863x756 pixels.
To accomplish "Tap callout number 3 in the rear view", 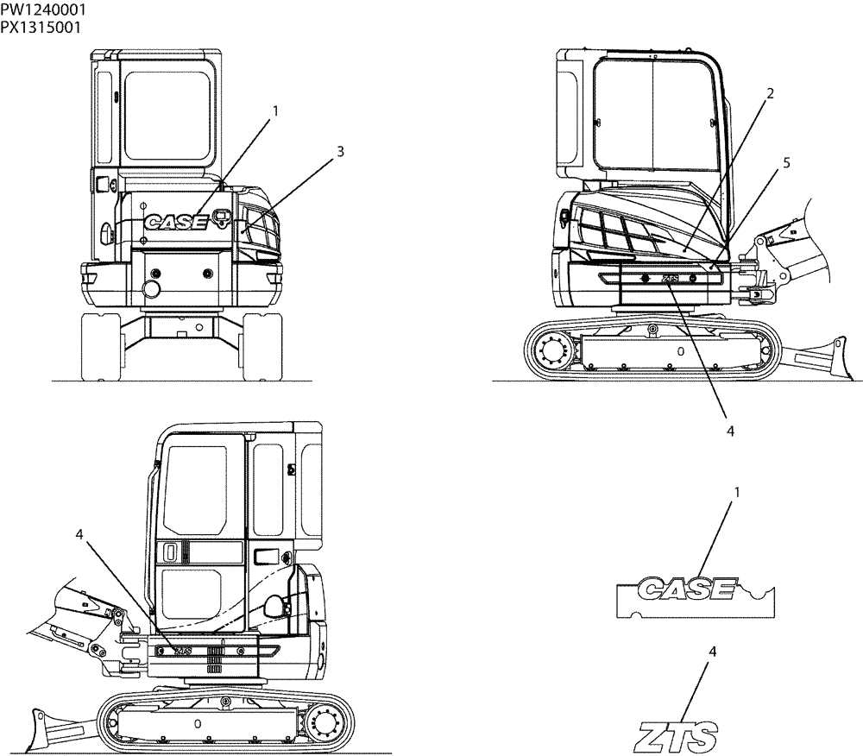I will click(x=340, y=151).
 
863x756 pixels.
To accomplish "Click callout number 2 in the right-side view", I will click(x=771, y=91).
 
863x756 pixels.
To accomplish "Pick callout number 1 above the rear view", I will click(x=275, y=110).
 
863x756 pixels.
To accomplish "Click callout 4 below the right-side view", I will click(x=729, y=429).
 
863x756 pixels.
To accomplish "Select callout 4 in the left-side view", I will click(x=79, y=535).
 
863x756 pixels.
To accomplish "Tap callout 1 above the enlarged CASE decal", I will click(x=737, y=492).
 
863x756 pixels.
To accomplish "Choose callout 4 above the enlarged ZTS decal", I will click(x=712, y=652).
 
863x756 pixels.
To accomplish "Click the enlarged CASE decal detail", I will click(x=694, y=595).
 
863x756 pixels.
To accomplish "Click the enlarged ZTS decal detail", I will click(x=674, y=738).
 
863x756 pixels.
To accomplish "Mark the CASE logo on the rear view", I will click(x=176, y=223).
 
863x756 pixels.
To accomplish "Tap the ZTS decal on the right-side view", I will click(x=670, y=279).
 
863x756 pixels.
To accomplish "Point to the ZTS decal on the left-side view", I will click(x=182, y=651).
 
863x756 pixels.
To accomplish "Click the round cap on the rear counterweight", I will click(x=152, y=287).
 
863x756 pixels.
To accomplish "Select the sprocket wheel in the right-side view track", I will click(x=550, y=350).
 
